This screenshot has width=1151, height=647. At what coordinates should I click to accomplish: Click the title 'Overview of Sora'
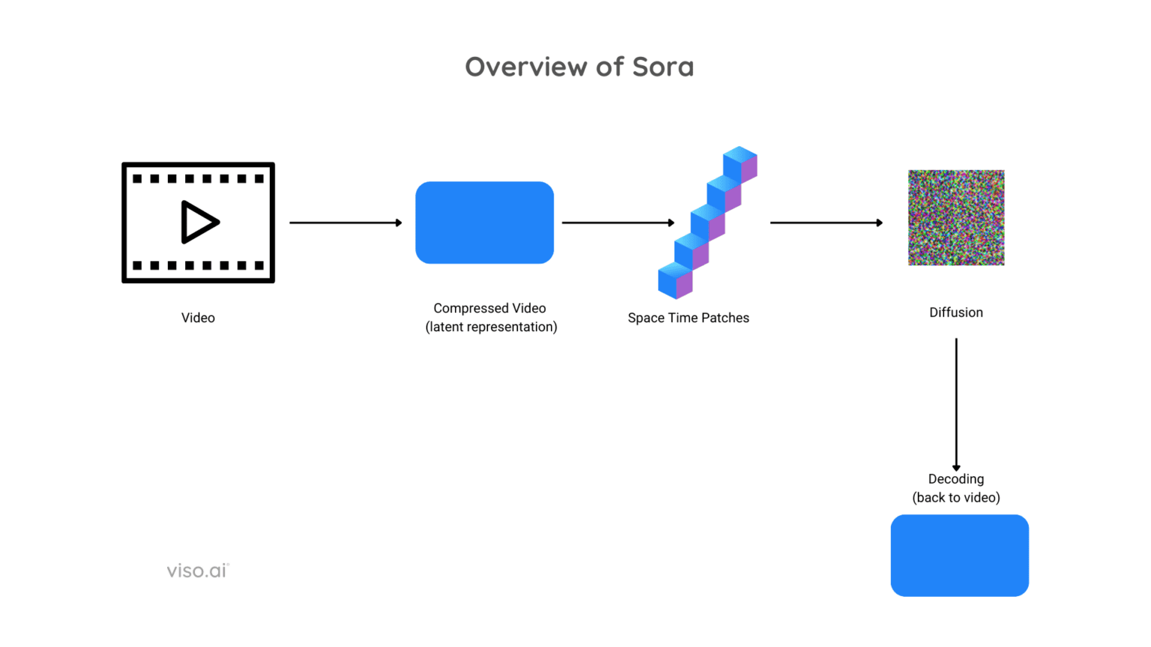[x=579, y=67]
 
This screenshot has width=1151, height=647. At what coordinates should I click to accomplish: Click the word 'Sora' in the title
[x=663, y=67]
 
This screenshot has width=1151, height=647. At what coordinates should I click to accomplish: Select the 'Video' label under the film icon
[x=198, y=318]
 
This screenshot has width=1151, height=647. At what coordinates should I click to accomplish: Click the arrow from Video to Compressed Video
[x=345, y=222]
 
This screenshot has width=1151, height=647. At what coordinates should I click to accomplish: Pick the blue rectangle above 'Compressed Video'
[x=485, y=222]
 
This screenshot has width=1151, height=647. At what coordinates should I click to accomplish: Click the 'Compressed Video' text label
[x=489, y=308]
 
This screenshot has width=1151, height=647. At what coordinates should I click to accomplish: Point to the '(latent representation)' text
[x=491, y=326]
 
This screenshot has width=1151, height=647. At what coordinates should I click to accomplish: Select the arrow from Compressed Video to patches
[x=617, y=222]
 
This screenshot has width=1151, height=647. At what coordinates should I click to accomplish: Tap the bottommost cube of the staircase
[x=674, y=282]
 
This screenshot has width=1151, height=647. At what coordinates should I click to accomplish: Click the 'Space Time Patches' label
[x=688, y=318]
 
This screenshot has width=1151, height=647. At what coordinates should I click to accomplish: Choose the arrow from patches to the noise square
[x=826, y=222]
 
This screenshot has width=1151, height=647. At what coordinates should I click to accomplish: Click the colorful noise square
[x=956, y=217]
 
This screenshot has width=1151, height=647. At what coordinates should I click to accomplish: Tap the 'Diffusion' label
[x=955, y=312]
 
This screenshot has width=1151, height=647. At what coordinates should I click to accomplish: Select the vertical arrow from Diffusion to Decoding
[x=956, y=404]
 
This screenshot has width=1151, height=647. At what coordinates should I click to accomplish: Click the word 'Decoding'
[x=955, y=479]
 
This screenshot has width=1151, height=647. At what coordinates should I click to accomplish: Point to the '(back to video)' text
[x=955, y=497]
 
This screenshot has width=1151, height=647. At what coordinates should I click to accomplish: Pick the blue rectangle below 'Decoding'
[x=959, y=555]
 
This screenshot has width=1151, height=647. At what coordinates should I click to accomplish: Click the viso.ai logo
[x=197, y=571]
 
